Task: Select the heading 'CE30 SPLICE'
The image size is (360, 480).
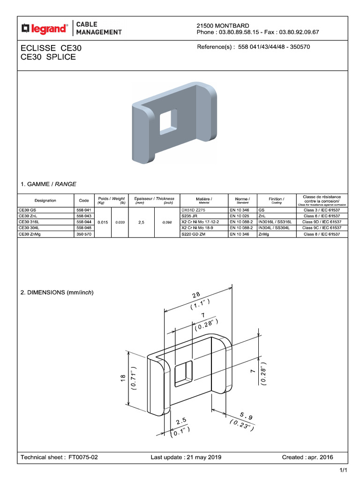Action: [x=48, y=57]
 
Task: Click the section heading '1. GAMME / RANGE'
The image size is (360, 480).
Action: [x=48, y=184]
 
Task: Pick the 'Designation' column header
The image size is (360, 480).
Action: [x=45, y=200]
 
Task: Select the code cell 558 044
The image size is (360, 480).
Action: [x=84, y=221]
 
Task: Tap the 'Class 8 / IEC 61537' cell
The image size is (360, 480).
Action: [x=322, y=233]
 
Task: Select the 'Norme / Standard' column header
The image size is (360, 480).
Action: [x=242, y=200]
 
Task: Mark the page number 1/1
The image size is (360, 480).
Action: [x=343, y=470]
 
